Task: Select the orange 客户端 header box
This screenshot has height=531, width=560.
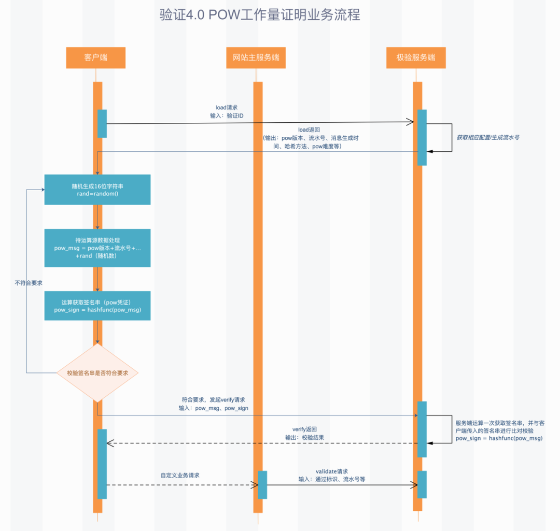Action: pyautogui.click(x=95, y=58)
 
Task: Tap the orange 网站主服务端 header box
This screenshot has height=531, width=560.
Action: pyautogui.click(x=256, y=58)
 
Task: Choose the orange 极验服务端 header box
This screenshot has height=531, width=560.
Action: pyautogui.click(x=416, y=58)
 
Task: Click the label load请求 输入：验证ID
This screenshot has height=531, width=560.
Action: pyautogui.click(x=227, y=111)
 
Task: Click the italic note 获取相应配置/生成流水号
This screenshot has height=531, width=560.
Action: pyautogui.click(x=488, y=138)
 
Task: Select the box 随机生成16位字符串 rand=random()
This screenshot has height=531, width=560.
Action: pyautogui.click(x=97, y=190)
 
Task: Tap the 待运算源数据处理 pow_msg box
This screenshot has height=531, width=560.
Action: pyautogui.click(x=97, y=248)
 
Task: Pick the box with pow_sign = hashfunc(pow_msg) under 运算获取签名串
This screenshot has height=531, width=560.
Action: pyautogui.click(x=97, y=306)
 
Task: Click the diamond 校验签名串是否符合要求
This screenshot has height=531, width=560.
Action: pyautogui.click(x=97, y=373)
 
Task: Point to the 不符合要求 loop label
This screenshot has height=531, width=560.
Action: pyautogui.click(x=29, y=283)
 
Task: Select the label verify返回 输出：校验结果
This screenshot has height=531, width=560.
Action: pyautogui.click(x=304, y=434)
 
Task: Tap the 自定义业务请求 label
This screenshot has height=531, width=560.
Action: pyautogui.click(x=180, y=475)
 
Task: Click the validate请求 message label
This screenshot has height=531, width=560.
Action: pyautogui.click(x=332, y=475)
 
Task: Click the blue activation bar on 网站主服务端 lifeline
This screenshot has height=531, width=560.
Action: pyautogui.click(x=262, y=484)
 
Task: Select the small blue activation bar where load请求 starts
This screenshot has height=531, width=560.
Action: pyautogui.click(x=102, y=124)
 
